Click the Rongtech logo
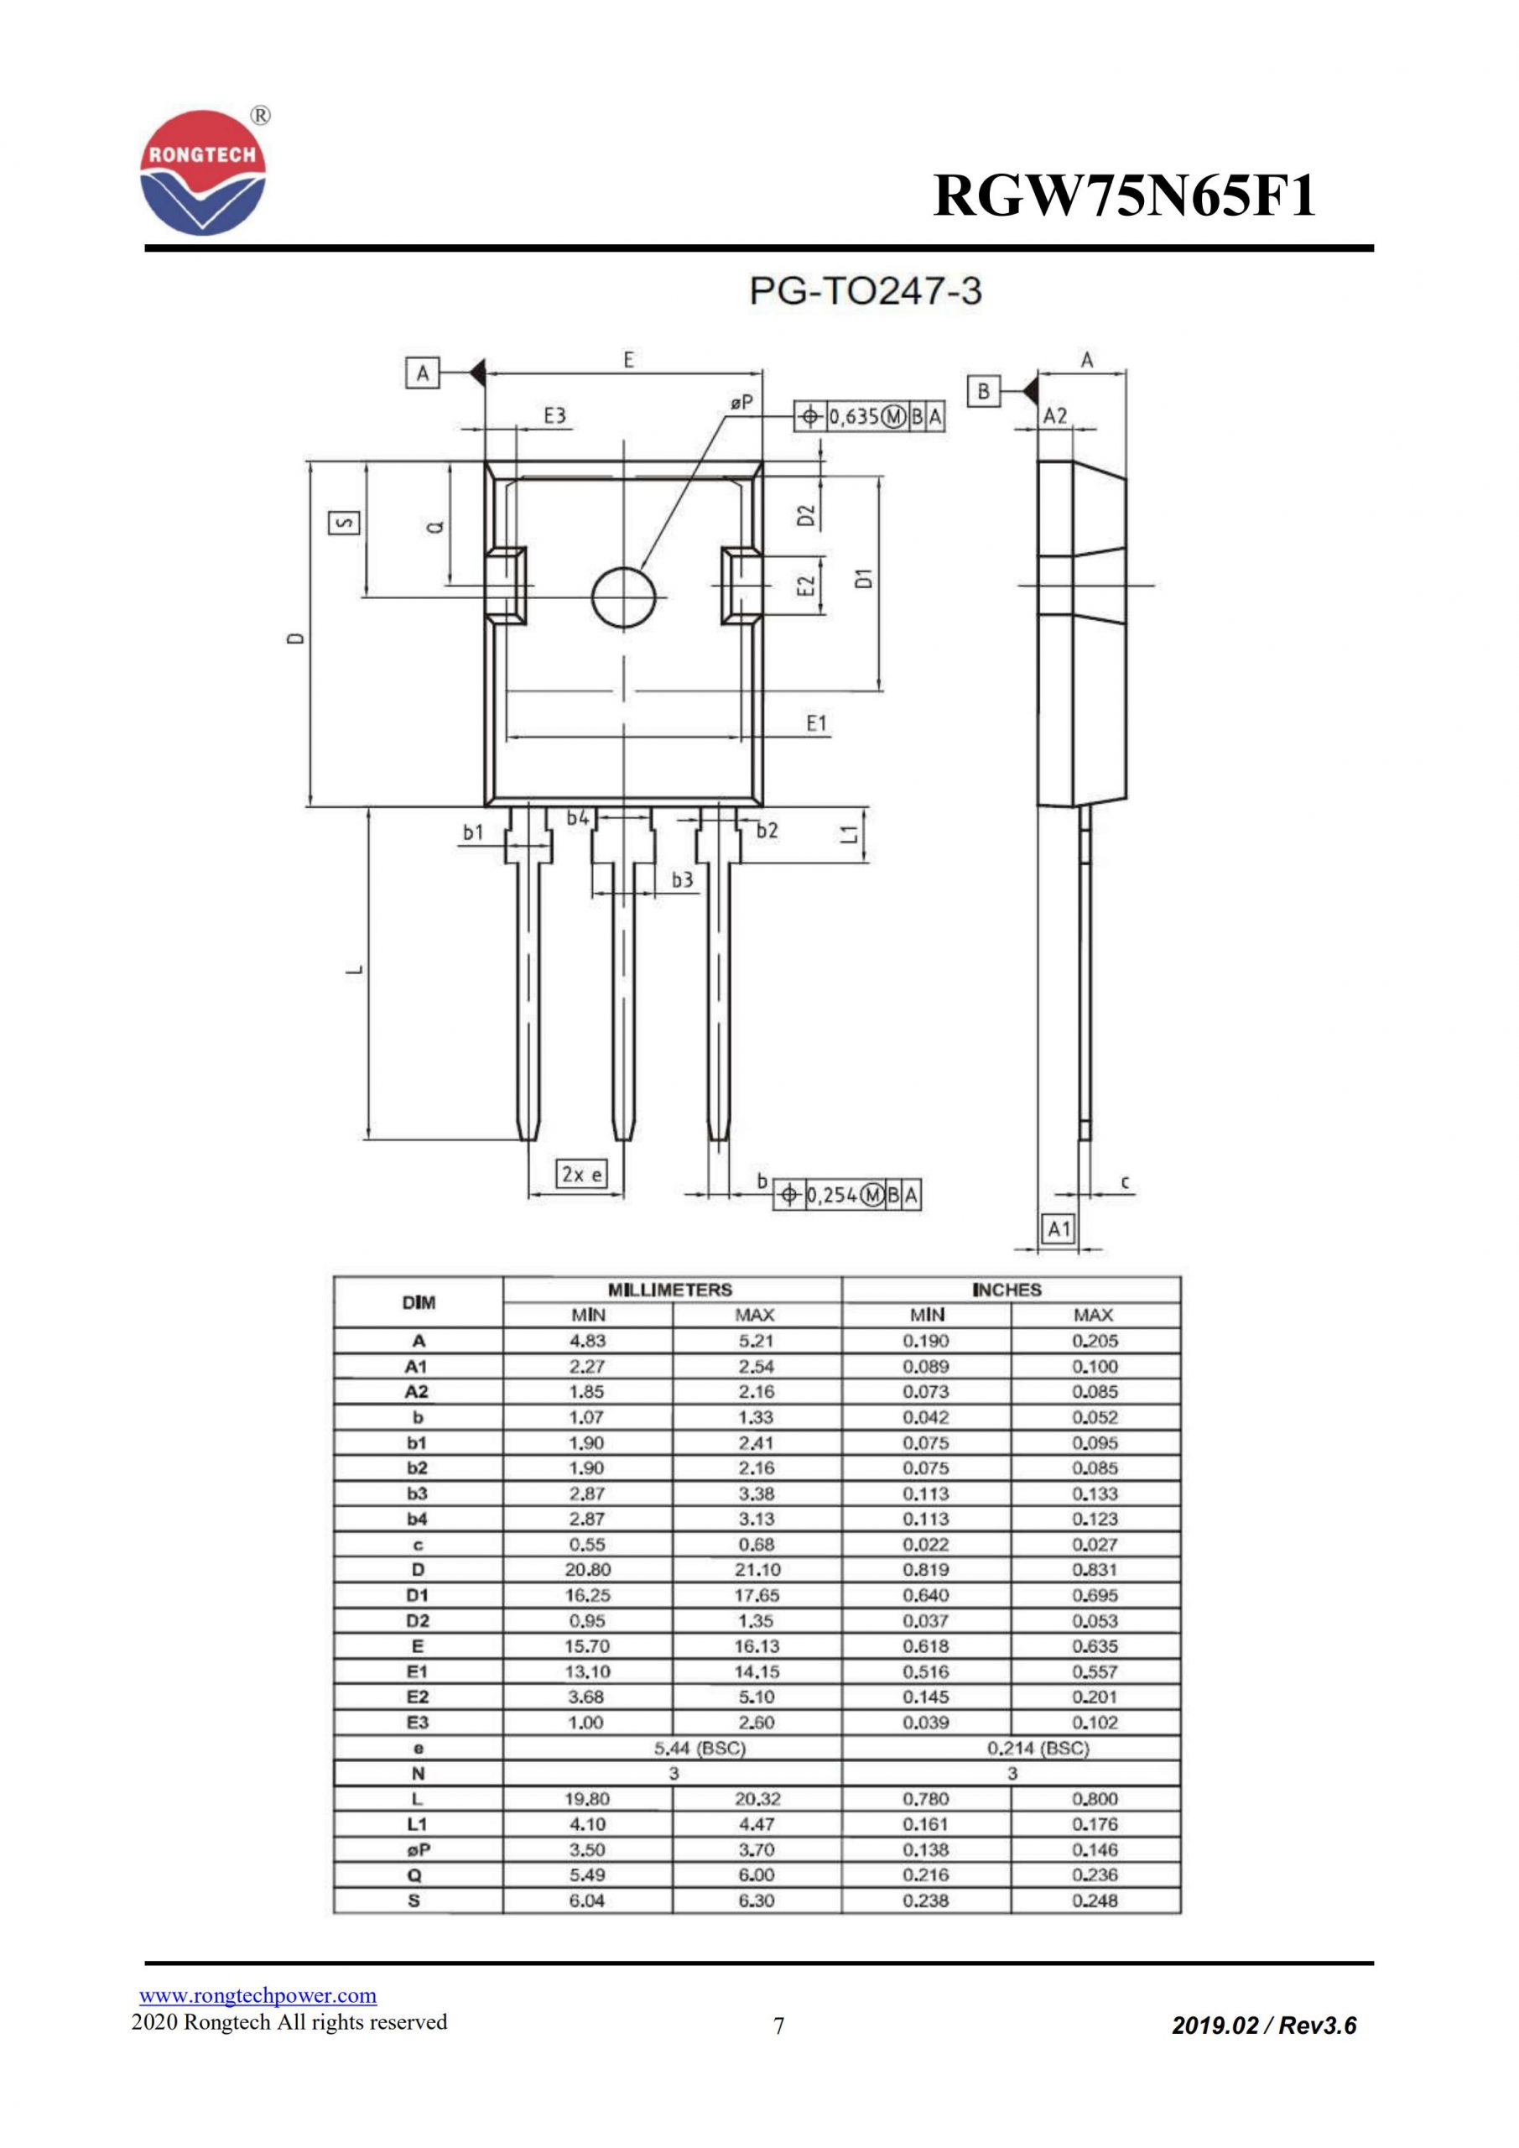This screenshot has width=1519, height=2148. pyautogui.click(x=203, y=174)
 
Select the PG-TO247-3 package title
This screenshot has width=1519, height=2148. pyautogui.click(x=866, y=292)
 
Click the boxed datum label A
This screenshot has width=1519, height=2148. pyautogui.click(x=423, y=374)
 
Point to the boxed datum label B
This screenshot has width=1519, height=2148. pyautogui.click(x=983, y=391)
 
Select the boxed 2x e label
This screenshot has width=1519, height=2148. pyautogui.click(x=581, y=1174)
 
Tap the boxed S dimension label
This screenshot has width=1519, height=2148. pyautogui.click(x=344, y=523)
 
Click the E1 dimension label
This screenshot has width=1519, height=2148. pyautogui.click(x=817, y=723)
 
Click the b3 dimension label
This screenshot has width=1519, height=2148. pyautogui.click(x=683, y=879)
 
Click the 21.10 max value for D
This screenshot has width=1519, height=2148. pyautogui.click(x=756, y=1570)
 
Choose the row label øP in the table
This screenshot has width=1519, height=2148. pyautogui.click(x=417, y=1849)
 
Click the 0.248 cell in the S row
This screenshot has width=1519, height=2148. pyautogui.click(x=1095, y=1901)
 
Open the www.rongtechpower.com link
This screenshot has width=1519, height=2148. pyautogui.click(x=258, y=1995)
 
